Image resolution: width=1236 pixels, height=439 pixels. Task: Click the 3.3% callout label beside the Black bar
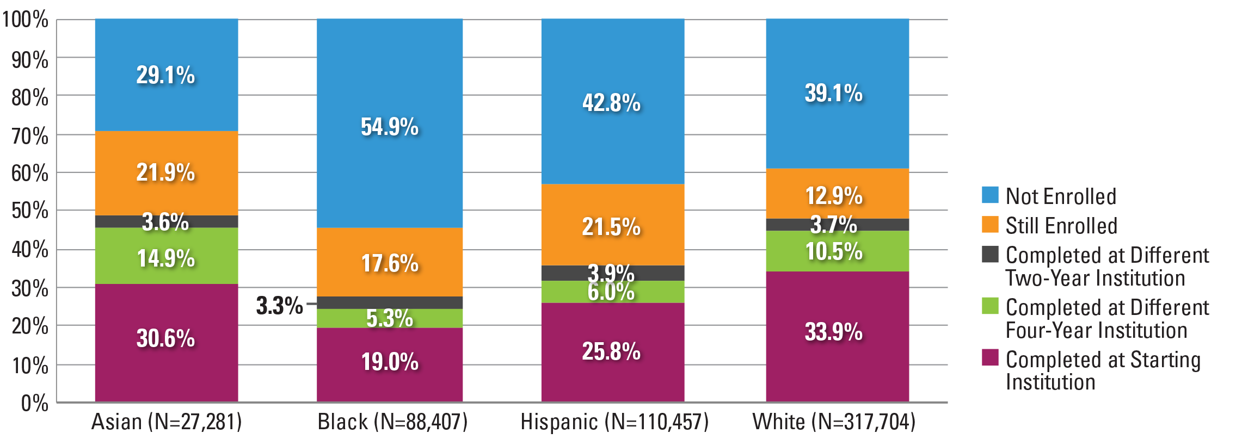(279, 306)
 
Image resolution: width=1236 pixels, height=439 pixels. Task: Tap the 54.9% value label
(390, 127)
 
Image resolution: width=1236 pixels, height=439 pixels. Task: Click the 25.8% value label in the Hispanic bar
(611, 351)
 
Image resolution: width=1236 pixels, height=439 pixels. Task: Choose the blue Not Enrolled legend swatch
(990, 195)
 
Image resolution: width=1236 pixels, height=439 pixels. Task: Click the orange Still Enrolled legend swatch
(990, 225)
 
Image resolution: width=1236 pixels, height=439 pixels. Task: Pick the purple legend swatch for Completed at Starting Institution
(990, 357)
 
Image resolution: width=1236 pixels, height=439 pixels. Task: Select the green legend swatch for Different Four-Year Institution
(990, 306)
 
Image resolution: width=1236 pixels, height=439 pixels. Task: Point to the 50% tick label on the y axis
(29, 211)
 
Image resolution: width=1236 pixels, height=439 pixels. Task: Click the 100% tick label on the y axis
(25, 20)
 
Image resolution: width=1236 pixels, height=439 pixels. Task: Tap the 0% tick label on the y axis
(34, 404)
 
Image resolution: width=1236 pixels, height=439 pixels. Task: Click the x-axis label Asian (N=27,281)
(166, 422)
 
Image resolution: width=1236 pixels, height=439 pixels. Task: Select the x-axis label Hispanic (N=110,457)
(614, 422)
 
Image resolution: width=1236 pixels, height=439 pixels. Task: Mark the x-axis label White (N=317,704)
(834, 422)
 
